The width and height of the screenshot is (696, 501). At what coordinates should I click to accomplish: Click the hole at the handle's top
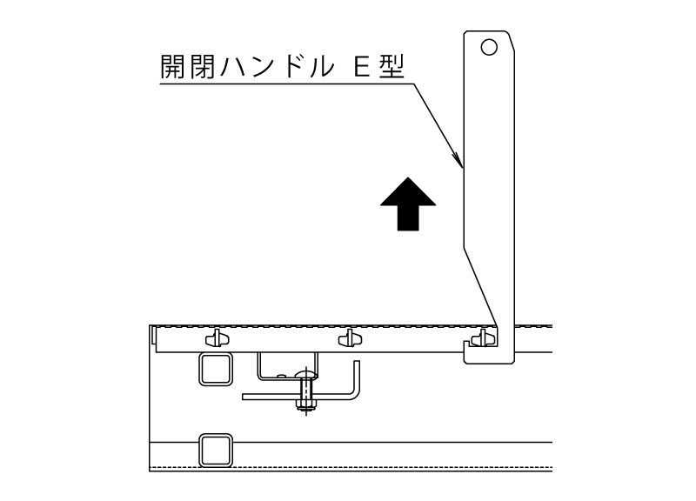tap(489, 47)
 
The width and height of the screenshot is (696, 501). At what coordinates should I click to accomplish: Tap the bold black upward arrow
tap(407, 203)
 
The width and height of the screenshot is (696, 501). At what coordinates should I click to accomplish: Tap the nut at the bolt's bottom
tap(306, 404)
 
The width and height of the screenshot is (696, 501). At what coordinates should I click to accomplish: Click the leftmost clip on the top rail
tap(214, 337)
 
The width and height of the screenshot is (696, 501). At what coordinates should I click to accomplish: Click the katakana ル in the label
tap(311, 67)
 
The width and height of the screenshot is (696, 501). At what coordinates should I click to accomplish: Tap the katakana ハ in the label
tap(233, 67)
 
